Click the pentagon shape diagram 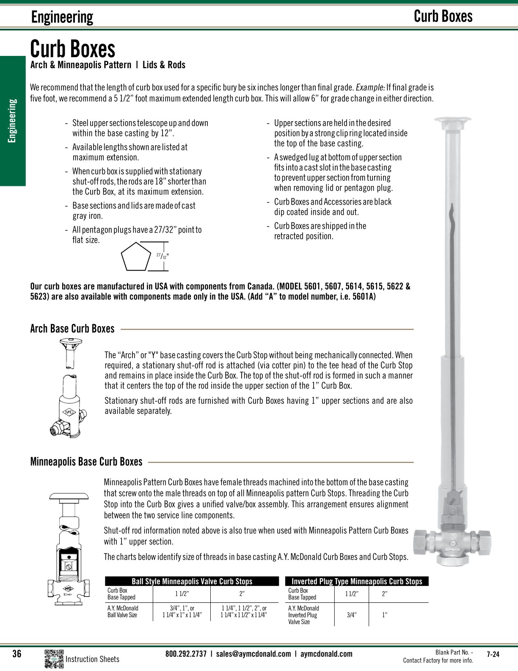[x=136, y=256]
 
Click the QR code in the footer [x=54, y=659]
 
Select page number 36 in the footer [x=17, y=654]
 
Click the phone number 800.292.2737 [x=186, y=654]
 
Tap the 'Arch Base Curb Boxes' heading [x=72, y=329]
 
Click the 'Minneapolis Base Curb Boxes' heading [x=86, y=462]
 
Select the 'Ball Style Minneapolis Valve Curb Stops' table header [x=192, y=581]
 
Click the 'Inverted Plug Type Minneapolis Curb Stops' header [x=357, y=581]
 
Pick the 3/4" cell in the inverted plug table [x=351, y=615]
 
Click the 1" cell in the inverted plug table [x=384, y=615]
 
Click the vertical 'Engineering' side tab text [x=13, y=121]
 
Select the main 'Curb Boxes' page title [x=72, y=49]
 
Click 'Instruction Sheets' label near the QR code [x=92, y=659]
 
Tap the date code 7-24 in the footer [x=493, y=654]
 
